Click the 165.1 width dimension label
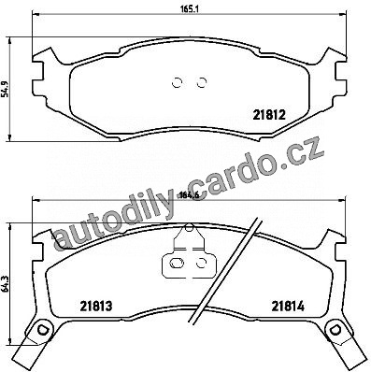click(x=189, y=8)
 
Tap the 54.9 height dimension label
click(x=6, y=89)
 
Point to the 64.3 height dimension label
click(x=6, y=284)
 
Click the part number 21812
click(x=269, y=116)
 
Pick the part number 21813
click(x=96, y=307)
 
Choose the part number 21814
click(x=288, y=307)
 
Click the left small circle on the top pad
click(x=177, y=82)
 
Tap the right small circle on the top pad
click(x=202, y=82)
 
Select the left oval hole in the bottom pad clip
click(x=177, y=264)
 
